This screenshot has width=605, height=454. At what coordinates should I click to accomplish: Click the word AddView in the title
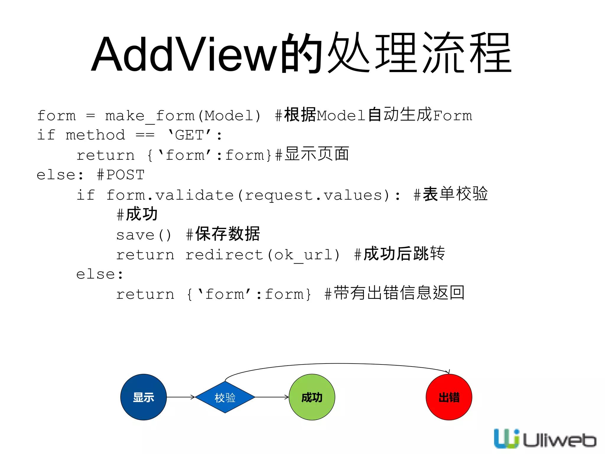(185, 54)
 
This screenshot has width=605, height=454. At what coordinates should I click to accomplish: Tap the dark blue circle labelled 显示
(144, 397)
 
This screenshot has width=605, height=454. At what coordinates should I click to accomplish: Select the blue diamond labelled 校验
(225, 397)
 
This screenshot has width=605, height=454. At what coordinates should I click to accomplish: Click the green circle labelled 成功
(312, 397)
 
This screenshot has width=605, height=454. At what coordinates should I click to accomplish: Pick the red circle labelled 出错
(449, 397)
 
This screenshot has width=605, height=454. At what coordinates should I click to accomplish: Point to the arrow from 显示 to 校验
(180, 397)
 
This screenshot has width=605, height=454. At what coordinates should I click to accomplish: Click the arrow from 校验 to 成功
(271, 397)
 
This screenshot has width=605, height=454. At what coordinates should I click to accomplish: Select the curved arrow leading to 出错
(337, 364)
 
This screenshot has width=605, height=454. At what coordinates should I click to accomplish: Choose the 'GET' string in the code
(189, 135)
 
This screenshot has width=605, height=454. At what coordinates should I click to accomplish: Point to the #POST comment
(121, 175)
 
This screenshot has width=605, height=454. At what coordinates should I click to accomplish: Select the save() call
(144, 235)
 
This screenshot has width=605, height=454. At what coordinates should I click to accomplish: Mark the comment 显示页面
(316, 154)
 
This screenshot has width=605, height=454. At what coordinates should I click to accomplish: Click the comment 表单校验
(455, 194)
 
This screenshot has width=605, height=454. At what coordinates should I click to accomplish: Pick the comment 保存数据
(227, 234)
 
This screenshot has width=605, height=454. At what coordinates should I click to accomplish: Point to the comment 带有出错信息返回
(399, 293)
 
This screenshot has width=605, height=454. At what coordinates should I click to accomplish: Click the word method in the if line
(95, 135)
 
